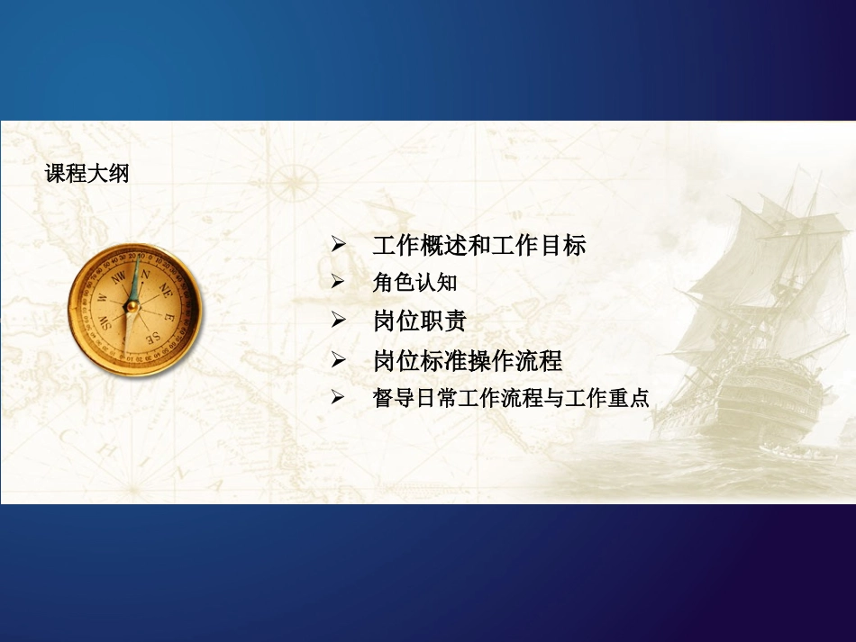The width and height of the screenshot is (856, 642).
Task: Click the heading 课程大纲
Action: click(87, 174)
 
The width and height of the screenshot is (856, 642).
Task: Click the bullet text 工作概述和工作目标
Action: click(478, 245)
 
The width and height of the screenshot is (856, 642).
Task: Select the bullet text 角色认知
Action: click(414, 283)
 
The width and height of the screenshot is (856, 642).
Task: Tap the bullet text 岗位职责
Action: click(419, 321)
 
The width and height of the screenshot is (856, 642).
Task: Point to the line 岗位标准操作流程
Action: click(467, 361)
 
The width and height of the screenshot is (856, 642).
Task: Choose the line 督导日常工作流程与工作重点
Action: click(510, 398)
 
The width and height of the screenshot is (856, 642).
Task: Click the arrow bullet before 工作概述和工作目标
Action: click(339, 245)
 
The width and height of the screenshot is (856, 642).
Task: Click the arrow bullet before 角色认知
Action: click(339, 283)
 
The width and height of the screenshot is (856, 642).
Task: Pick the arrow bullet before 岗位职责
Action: click(339, 321)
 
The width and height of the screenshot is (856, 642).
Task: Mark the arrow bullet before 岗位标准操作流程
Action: click(339, 361)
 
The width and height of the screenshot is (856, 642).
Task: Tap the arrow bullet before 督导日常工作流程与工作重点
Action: click(339, 398)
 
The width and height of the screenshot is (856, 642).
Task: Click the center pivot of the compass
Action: click(132, 306)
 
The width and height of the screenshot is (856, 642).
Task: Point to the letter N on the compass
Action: click(143, 274)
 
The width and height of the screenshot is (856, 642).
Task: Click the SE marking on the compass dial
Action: click(154, 337)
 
